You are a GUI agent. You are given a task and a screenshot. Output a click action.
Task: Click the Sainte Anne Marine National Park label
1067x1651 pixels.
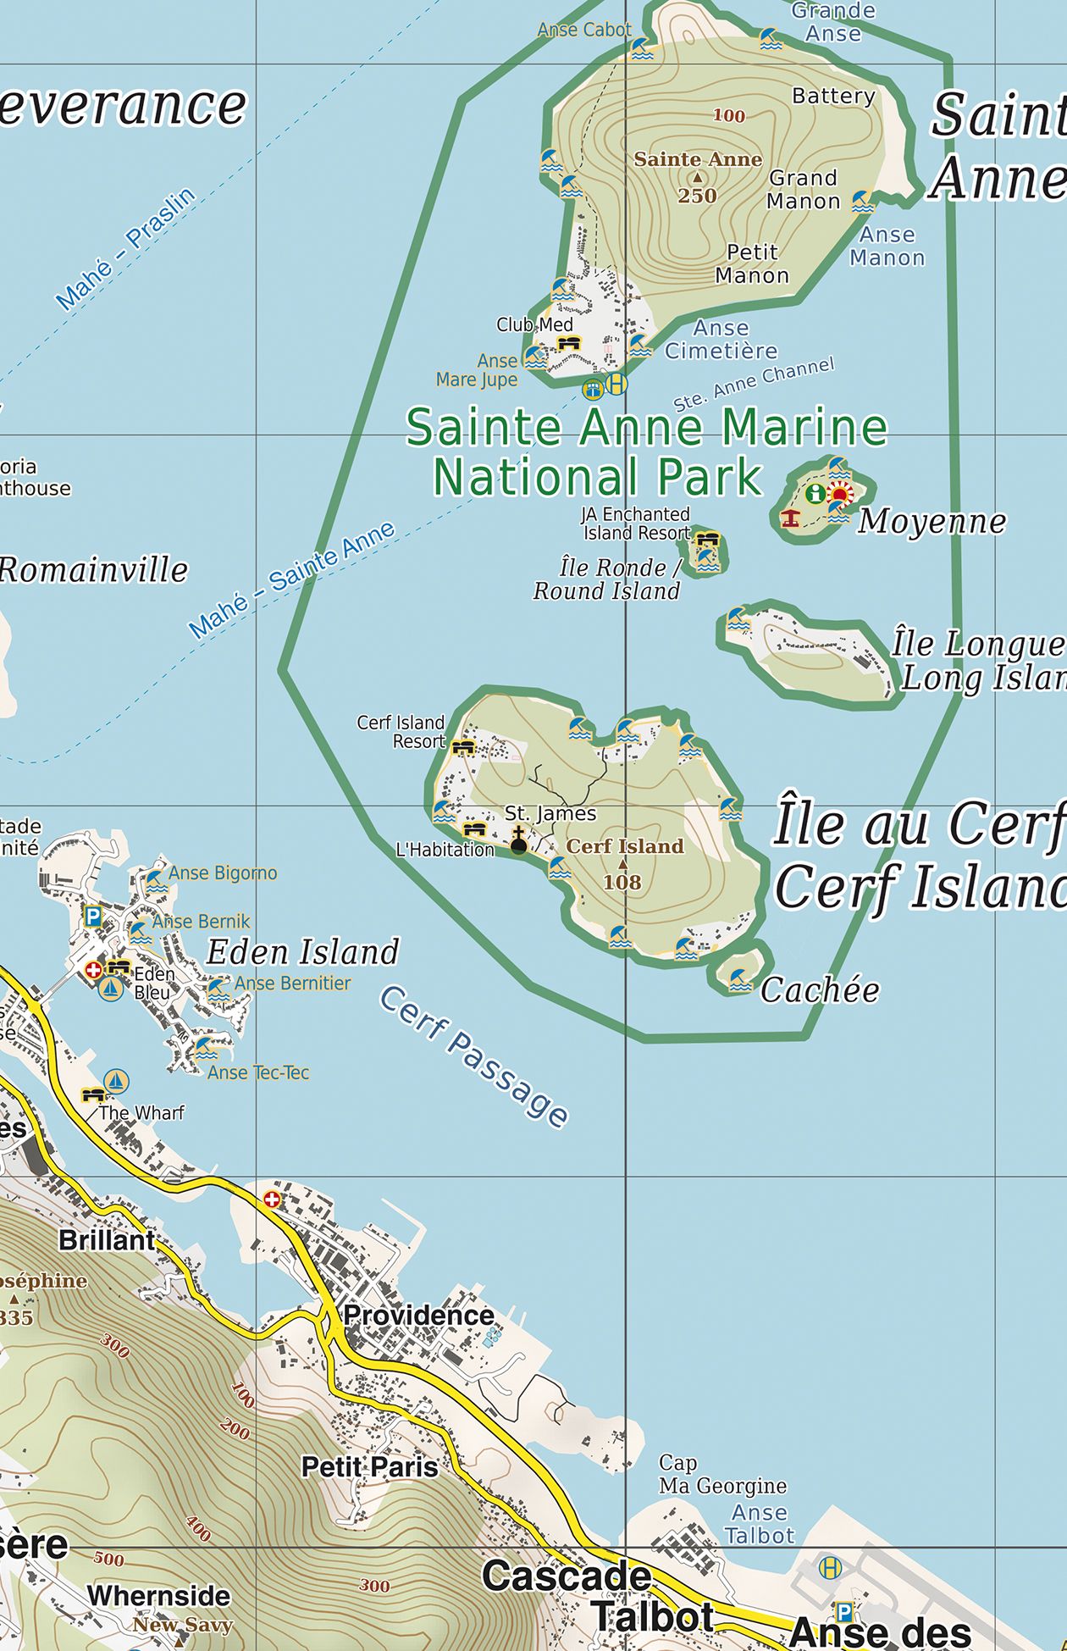(647, 451)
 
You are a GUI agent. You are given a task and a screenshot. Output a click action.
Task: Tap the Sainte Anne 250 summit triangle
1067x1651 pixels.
(697, 178)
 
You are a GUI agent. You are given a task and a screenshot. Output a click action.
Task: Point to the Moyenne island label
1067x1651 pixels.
(932, 522)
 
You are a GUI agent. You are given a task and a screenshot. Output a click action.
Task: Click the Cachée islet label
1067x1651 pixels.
(820, 990)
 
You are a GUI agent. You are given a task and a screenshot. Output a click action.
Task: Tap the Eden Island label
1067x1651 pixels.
(302, 952)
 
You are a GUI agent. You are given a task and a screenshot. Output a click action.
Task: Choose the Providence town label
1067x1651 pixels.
(418, 1316)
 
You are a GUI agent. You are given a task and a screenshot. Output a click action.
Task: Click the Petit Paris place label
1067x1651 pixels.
(369, 1466)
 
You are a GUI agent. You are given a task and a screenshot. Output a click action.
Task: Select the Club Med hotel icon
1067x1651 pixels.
(569, 343)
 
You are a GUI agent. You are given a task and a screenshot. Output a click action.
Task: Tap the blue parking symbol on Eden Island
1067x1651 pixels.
(93, 916)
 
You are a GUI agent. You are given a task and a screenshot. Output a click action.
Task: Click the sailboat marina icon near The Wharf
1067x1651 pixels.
(116, 1081)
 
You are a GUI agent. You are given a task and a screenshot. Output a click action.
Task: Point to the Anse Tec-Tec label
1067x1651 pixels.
(258, 1072)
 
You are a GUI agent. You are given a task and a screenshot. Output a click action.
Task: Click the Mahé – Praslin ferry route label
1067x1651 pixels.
(125, 248)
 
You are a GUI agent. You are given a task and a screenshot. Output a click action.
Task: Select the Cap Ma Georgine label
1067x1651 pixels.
(722, 1474)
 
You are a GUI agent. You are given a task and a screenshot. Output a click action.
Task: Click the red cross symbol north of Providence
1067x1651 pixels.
(272, 1199)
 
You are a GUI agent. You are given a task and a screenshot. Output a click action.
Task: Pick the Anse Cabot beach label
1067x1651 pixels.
(584, 30)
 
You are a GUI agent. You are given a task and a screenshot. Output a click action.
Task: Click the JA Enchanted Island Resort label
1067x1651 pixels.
(636, 524)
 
